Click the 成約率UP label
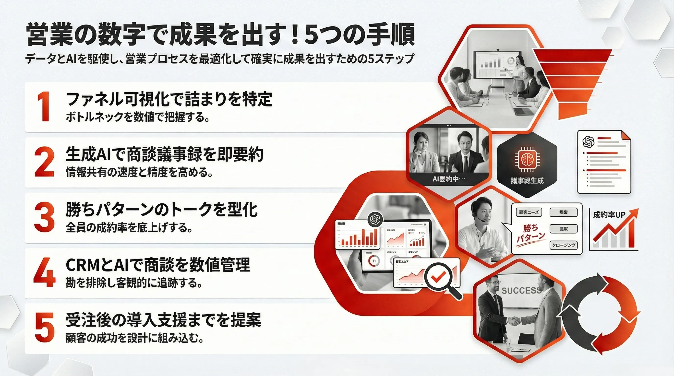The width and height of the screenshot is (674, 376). click(609, 215)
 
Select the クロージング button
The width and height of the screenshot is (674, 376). click(563, 245)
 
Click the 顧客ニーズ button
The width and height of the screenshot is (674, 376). click(529, 212)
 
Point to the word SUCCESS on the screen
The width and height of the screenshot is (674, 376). click(521, 291)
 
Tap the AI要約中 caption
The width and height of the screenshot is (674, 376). click(448, 179)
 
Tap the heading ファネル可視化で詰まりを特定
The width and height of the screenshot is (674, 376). click(169, 99)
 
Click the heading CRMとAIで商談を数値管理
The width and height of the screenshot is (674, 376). click(158, 265)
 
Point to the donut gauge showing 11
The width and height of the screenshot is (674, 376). click(374, 261)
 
